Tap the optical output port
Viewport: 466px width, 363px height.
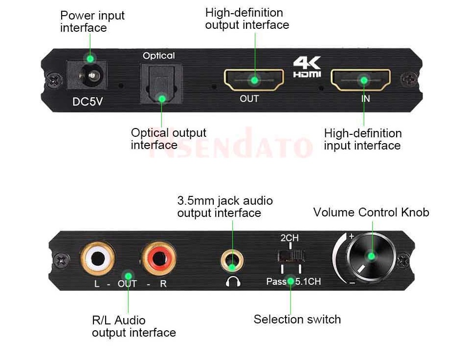coord(161,84)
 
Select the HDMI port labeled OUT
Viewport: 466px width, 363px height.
coord(254,80)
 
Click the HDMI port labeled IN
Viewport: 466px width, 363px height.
coord(361,80)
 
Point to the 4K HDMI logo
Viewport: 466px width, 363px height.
coord(307,67)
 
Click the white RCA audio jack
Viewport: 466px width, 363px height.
coord(98,258)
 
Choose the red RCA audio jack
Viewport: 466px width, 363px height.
coord(159,258)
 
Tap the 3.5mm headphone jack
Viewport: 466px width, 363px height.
coord(232,260)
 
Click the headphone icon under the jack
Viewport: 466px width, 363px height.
coord(233,281)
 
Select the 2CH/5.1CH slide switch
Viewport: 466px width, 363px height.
coord(291,256)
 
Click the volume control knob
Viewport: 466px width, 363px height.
coord(371,257)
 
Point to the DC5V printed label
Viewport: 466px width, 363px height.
coord(88,102)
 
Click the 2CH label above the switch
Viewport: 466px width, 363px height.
coord(289,238)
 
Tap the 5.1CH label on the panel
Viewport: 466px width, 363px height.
coord(308,281)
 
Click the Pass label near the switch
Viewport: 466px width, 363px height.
coord(276,281)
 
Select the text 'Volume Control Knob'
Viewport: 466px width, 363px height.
coord(371,213)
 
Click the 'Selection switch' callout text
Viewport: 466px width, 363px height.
coord(297,320)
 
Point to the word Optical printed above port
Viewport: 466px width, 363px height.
coord(159,56)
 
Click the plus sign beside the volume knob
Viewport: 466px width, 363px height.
coord(352,236)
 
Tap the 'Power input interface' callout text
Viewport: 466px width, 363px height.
coord(92,21)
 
